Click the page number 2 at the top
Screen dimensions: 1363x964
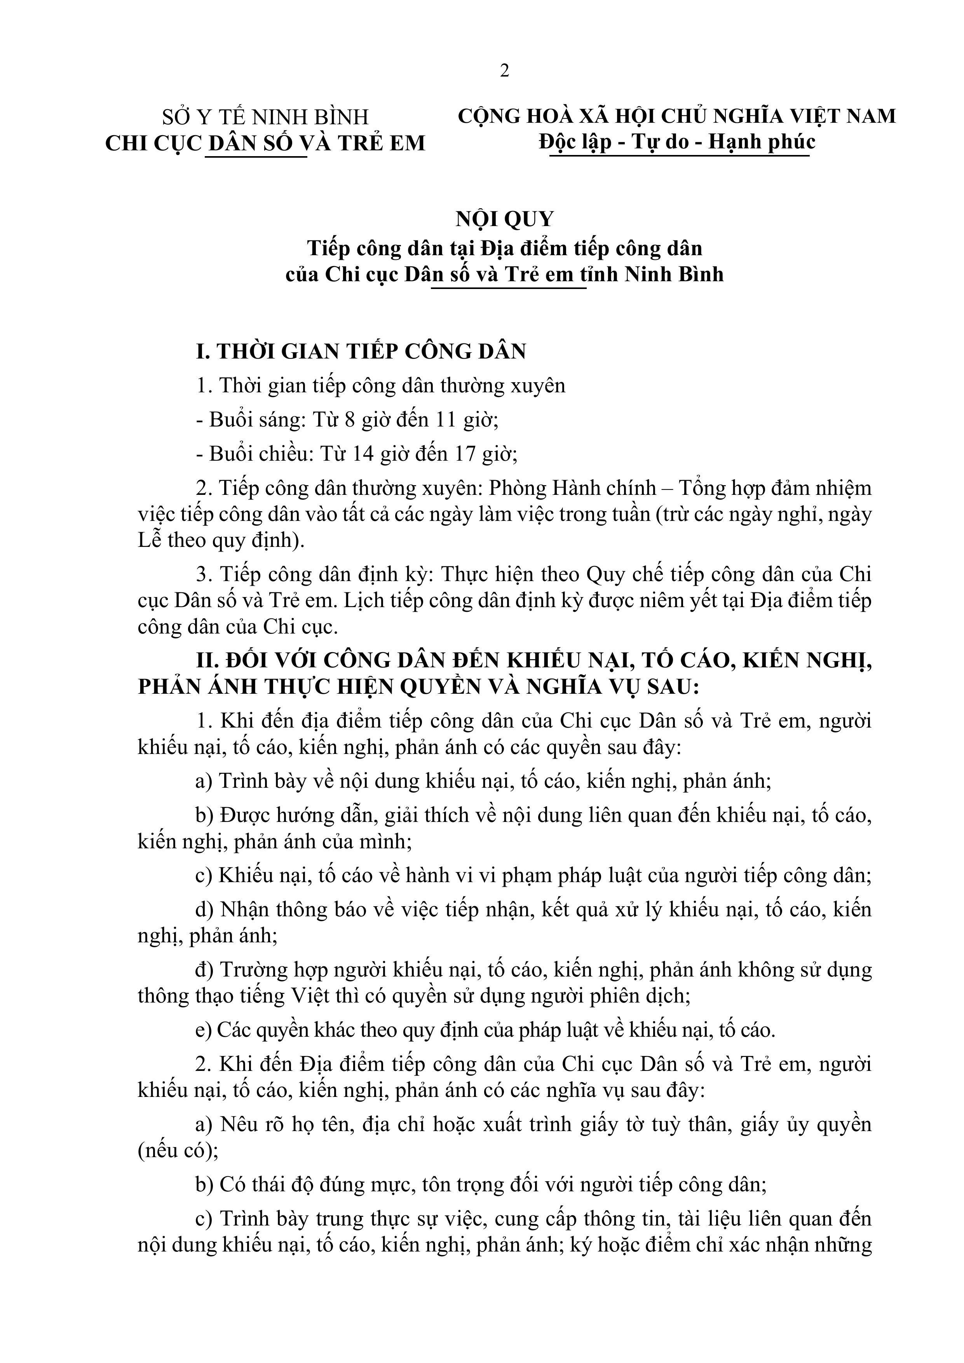(504, 71)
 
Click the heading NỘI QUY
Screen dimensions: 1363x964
(504, 219)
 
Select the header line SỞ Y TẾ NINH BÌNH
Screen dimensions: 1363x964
(265, 117)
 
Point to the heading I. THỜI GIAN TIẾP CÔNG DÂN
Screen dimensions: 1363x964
(361, 352)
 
